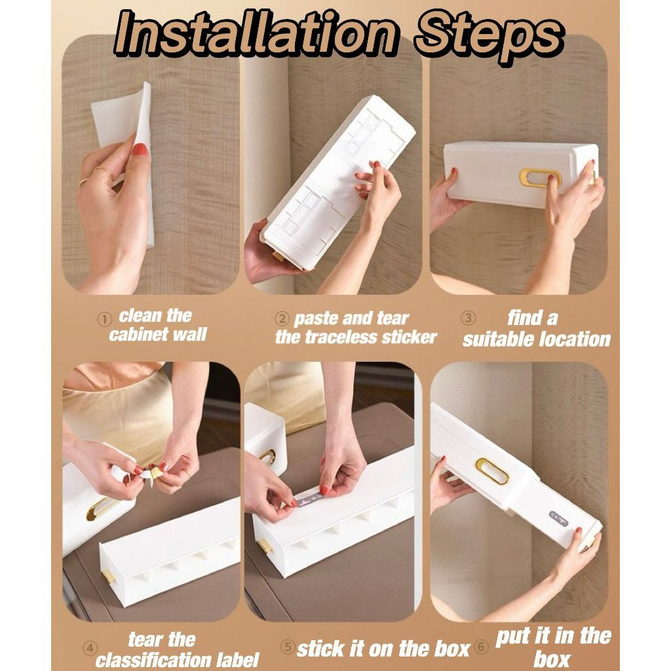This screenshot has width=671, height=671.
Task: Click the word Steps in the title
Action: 488,37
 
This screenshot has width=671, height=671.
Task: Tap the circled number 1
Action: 104,319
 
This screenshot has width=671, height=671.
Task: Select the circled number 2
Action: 282,319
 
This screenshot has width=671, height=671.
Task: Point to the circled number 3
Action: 468,318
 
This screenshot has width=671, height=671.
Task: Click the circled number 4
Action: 90,648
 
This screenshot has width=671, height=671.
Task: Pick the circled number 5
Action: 288,646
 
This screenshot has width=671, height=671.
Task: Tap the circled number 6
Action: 482,647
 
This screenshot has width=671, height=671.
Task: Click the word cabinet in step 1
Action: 138,334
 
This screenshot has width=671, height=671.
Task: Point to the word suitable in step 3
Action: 498,339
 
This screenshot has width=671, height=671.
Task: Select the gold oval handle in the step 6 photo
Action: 491,471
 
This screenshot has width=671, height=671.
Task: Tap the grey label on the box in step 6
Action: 559,518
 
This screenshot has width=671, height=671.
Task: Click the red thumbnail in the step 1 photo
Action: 140,149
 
